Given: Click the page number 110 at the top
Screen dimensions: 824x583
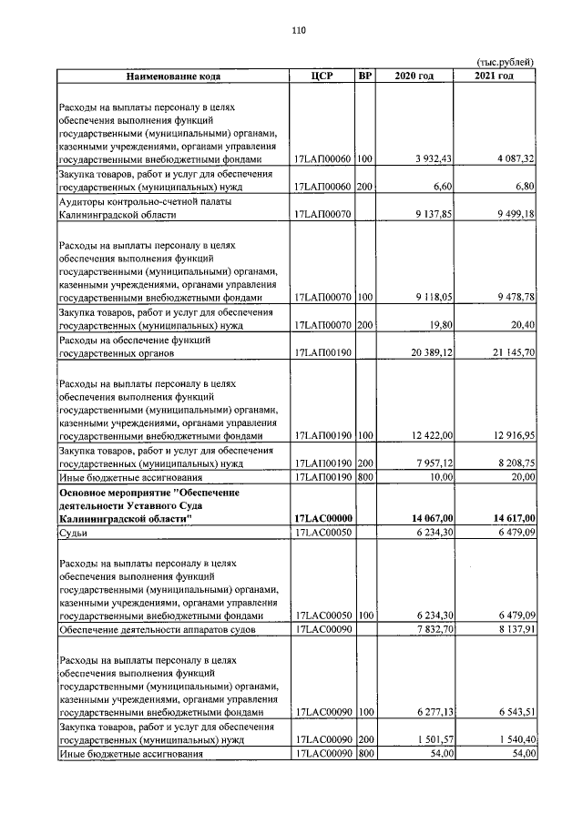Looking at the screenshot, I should pos(298,30).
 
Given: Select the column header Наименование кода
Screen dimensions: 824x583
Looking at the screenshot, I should pos(173,76).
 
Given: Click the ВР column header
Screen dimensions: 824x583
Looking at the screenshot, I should pos(364,76).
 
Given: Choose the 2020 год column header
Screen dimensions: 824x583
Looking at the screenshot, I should pos(414,76).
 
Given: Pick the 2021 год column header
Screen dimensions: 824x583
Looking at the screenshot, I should pos(495,76).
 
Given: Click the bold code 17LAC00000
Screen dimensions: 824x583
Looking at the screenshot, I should pos(323,518).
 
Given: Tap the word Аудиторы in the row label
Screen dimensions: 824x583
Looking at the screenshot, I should pos(82,201).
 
